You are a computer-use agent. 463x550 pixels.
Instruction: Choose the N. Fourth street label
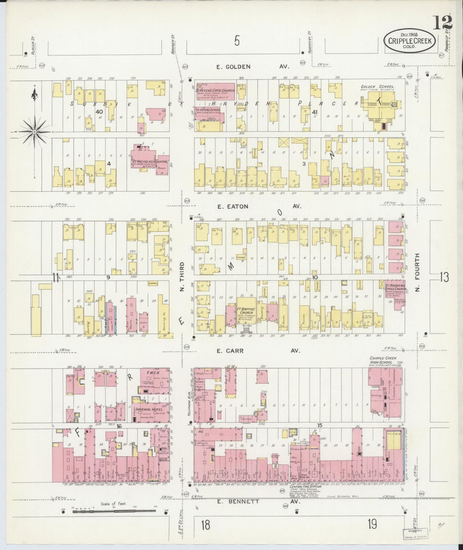coord(417,272)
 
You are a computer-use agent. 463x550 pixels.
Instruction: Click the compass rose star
coord(34,132)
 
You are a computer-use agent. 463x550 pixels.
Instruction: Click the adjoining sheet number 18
coord(206,526)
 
